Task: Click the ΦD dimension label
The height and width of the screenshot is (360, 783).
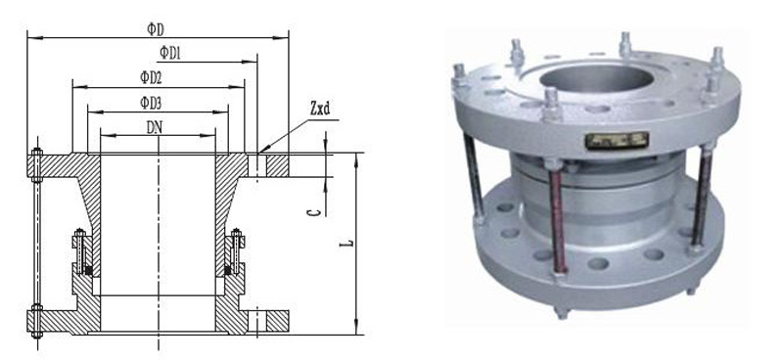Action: [x=156, y=29]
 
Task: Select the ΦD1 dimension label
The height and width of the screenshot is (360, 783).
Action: [x=170, y=53]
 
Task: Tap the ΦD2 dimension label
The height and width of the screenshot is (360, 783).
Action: [x=152, y=78]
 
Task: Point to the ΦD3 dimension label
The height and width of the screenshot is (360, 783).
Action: [x=152, y=104]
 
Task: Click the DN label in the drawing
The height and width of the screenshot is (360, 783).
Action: [x=155, y=128]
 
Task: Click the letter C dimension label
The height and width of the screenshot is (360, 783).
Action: [x=313, y=212]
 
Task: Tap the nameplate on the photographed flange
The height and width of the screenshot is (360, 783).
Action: [x=618, y=141]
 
